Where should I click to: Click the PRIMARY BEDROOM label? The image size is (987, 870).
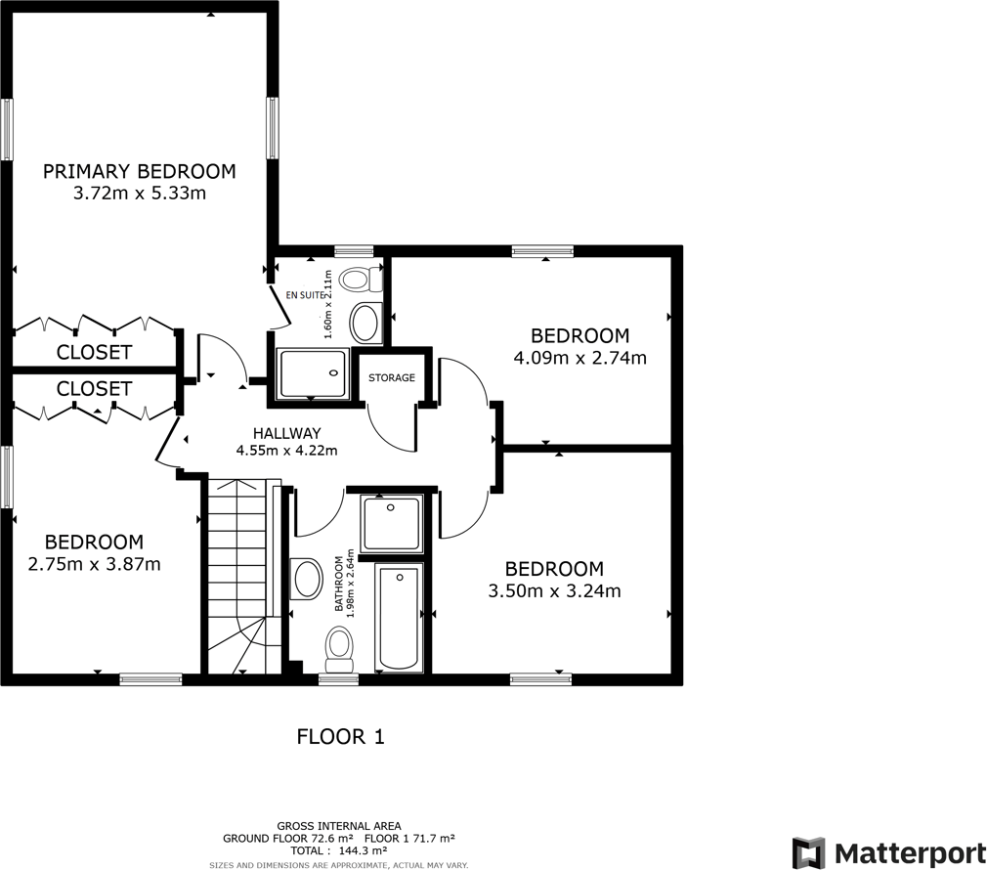tap(139, 172)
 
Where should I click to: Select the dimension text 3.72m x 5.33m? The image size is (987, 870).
tap(139, 194)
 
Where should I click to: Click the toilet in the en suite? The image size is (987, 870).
tap(364, 278)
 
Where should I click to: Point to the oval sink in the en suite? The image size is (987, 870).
tap(366, 321)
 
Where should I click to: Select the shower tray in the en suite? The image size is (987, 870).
tap(312, 374)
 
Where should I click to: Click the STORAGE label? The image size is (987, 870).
tap(392, 377)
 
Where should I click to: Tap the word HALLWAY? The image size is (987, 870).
tap(286, 433)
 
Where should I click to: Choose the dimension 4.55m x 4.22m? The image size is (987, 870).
tap(286, 451)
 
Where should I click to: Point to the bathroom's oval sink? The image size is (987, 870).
tap(307, 579)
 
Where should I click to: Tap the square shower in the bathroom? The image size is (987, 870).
tap(392, 525)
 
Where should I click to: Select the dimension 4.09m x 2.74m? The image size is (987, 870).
tap(579, 358)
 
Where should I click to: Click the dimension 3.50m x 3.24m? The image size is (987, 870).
tap(554, 590)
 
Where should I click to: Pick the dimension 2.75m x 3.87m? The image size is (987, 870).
tap(94, 563)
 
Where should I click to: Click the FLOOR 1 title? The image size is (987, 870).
tap(340, 737)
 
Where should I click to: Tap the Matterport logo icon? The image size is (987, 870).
tap(808, 851)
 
